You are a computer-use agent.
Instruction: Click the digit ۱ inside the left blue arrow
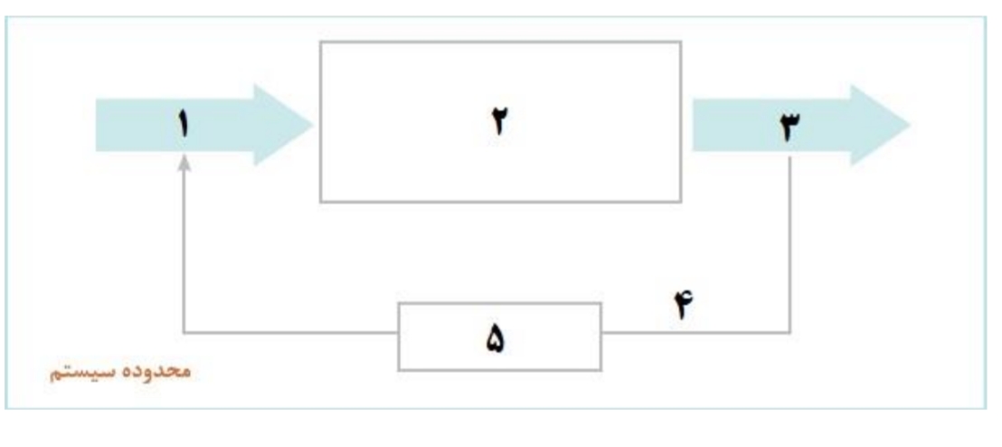(x=184, y=125)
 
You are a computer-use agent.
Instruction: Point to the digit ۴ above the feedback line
(x=683, y=305)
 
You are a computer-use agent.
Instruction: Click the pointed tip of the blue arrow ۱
(x=313, y=126)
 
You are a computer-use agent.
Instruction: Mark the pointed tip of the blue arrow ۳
(x=910, y=126)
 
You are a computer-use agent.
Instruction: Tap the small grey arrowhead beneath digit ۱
(x=184, y=164)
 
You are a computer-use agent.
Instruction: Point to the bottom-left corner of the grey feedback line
(x=184, y=332)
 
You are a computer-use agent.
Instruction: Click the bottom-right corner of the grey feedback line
(x=789, y=332)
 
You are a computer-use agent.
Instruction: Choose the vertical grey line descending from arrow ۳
(x=789, y=244)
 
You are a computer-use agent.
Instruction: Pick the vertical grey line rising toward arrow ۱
(x=184, y=252)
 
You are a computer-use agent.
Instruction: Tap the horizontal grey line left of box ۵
(x=291, y=332)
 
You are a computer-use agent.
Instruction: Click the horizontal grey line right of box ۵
(x=695, y=332)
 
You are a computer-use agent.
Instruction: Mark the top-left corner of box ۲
(x=320, y=43)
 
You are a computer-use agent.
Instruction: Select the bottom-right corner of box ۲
(x=681, y=202)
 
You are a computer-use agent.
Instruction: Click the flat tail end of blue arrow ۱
(x=97, y=126)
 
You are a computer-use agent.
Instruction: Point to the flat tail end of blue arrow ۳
(x=694, y=126)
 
